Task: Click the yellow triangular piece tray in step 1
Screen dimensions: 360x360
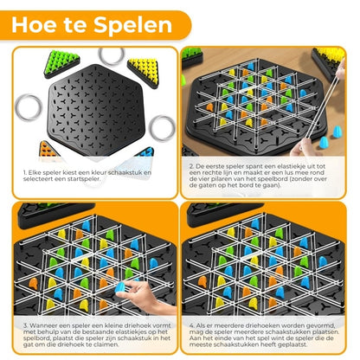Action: pyautogui.click(x=149, y=67)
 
